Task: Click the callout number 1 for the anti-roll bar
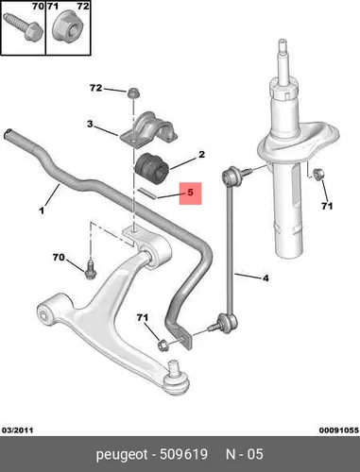42,211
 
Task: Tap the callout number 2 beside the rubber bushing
201,154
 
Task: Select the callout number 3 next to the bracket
90,124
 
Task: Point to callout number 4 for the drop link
266,278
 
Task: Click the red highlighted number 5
190,193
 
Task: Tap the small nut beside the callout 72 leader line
132,93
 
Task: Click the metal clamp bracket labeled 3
149,129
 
